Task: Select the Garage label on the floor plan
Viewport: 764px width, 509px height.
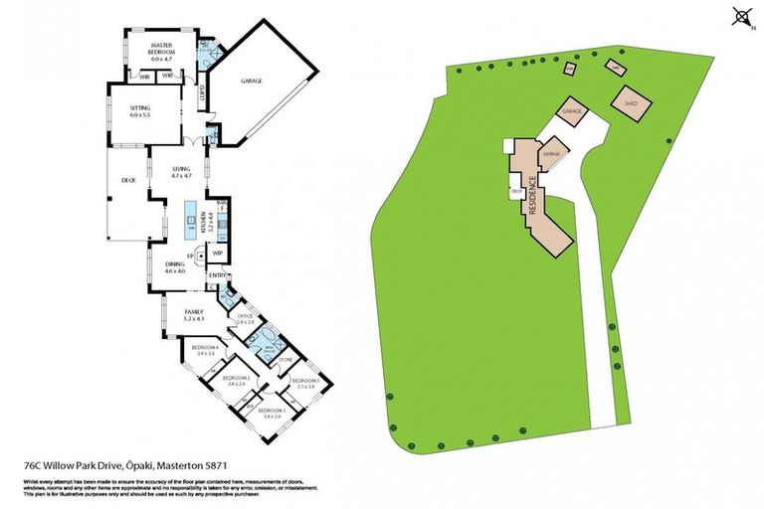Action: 252,81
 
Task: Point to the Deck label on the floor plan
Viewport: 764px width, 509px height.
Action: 127,181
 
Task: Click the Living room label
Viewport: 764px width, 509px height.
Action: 180,172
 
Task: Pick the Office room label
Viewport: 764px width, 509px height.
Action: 245,319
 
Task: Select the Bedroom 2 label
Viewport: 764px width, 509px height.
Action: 234,381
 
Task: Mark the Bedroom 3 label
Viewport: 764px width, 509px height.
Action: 271,413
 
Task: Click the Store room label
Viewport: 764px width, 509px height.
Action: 285,360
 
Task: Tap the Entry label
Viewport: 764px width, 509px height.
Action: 218,275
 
